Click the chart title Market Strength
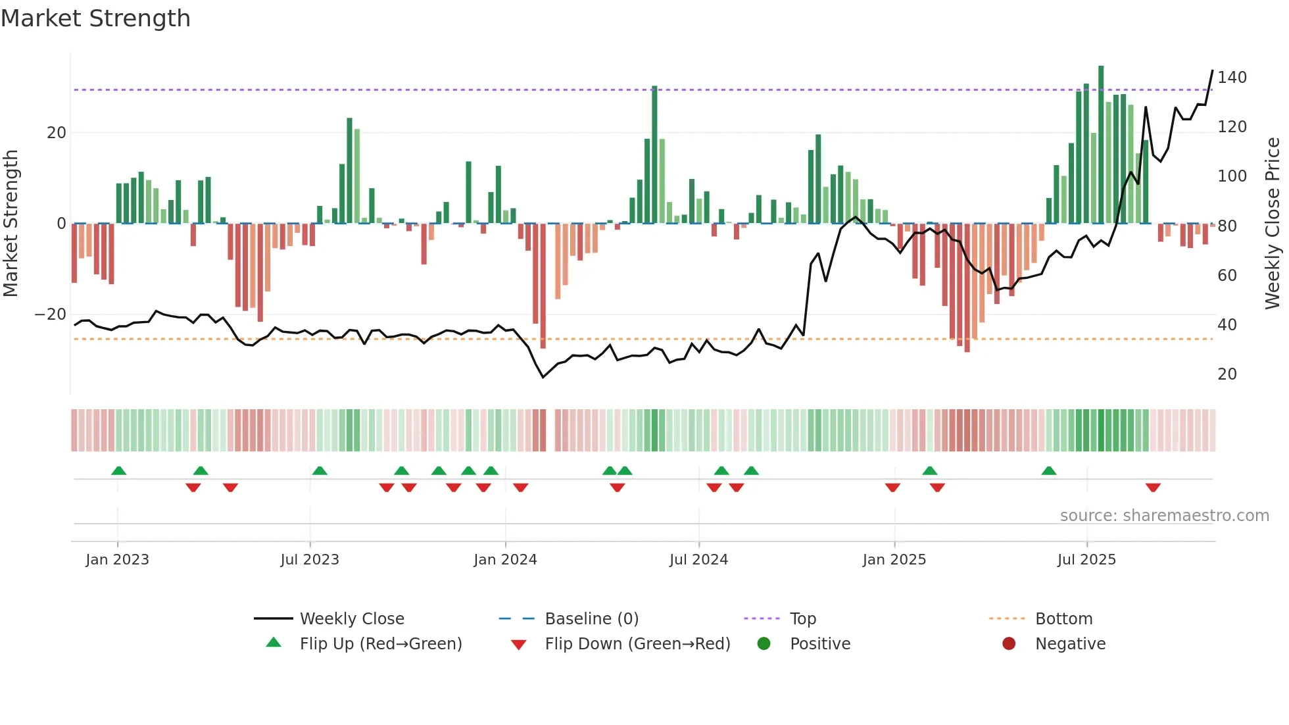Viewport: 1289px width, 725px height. click(x=95, y=18)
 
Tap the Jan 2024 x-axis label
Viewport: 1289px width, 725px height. click(x=505, y=560)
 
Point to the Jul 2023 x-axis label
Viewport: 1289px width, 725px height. click(x=310, y=560)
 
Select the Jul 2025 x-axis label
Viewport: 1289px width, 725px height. click(x=1086, y=560)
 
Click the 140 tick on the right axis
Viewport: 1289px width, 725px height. click(x=1232, y=78)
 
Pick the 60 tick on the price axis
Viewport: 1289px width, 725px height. click(x=1227, y=276)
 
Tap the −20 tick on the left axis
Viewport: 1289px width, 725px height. click(x=51, y=314)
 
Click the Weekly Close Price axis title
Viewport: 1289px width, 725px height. click(x=1273, y=224)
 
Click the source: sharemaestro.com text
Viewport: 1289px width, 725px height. click(x=1164, y=516)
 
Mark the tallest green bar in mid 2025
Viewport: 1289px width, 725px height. click(x=1101, y=145)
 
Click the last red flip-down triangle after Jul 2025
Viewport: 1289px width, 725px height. click(x=1153, y=488)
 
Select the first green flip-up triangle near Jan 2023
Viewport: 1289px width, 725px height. click(x=119, y=471)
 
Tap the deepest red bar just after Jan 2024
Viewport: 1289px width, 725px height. click(x=543, y=286)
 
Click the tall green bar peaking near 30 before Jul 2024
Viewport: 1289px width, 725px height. click(x=654, y=155)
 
